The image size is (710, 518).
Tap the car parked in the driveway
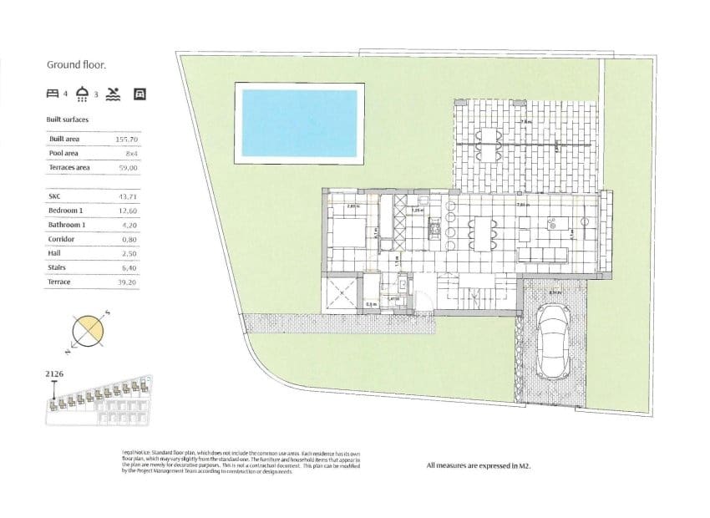point(553,339)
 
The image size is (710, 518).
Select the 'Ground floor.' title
point(75,63)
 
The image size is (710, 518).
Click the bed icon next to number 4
point(53,94)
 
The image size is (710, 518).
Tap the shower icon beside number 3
point(83,94)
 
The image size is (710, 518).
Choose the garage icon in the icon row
point(140,94)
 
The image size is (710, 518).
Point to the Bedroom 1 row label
point(67,210)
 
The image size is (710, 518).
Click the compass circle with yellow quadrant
point(88,333)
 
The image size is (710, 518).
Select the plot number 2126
point(55,375)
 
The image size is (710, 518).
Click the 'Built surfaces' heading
point(67,119)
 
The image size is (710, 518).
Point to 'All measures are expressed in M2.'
point(479,465)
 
